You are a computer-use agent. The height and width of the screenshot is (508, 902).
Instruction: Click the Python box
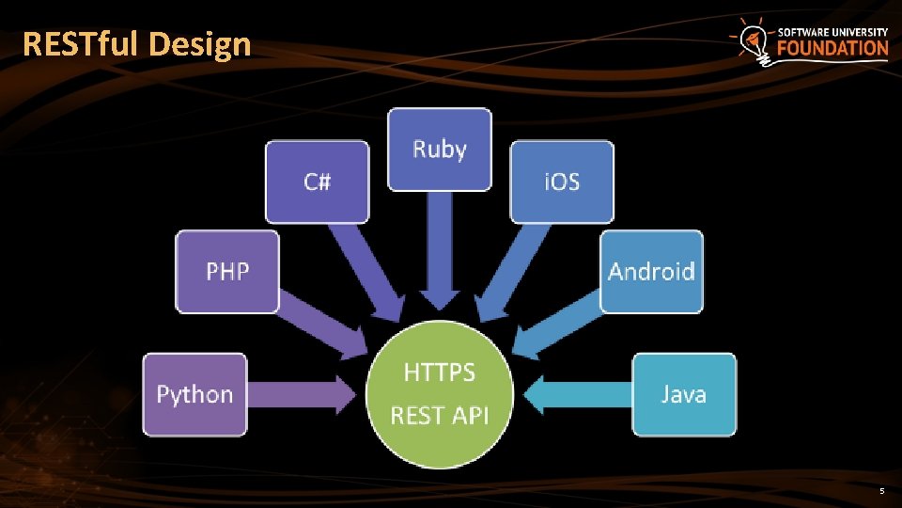pos(194,394)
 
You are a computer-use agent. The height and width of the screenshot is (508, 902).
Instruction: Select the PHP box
pos(227,272)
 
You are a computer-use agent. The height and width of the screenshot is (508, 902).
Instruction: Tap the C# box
pos(317,182)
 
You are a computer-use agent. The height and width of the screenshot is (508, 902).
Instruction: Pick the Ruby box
pos(440,150)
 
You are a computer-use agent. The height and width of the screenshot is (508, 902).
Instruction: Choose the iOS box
pos(562,182)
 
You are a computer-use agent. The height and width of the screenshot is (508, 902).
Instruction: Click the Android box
pos(651,272)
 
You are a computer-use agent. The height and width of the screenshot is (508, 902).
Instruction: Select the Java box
pos(683,394)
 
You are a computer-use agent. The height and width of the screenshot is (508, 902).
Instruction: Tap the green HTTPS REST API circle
pos(440,394)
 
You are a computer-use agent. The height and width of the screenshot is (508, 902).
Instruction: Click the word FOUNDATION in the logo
pos(832,48)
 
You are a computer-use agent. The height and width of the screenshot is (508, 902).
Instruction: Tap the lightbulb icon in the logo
pos(752,41)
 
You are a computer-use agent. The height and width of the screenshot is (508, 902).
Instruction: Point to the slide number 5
pos(881,492)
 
